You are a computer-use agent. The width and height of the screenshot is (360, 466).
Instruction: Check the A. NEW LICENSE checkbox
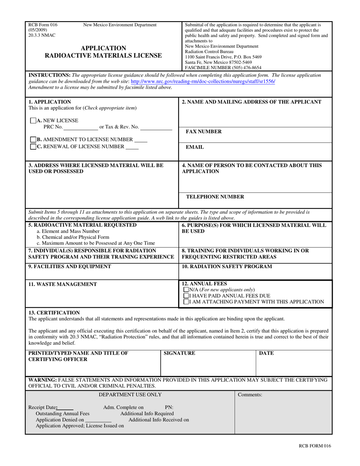coord(33,121)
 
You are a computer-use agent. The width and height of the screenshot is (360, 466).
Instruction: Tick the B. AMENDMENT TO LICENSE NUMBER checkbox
coord(33,139)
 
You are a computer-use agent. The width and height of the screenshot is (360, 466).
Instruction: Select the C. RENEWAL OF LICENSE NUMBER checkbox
coord(33,146)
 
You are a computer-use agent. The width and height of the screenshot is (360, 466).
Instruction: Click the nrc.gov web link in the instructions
coord(203,81)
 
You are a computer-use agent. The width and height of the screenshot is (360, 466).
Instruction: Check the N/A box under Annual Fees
coord(186,290)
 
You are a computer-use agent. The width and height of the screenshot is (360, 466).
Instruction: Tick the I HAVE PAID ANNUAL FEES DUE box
coord(186,296)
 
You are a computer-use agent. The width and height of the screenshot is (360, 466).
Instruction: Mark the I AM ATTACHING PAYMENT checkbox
coord(186,302)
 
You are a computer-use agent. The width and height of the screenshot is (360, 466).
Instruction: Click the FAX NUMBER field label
coord(203,131)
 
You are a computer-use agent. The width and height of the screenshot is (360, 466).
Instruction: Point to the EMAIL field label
coord(194,147)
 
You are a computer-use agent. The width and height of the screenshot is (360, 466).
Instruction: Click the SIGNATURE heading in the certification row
coord(179,353)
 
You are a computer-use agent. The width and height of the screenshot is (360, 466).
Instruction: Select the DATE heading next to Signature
coord(266,353)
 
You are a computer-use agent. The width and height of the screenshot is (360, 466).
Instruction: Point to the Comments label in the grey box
coord(250,395)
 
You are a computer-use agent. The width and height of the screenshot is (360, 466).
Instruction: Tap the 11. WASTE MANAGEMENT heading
coord(63,284)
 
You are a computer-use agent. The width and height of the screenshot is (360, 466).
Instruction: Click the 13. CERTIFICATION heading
coord(54,313)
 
